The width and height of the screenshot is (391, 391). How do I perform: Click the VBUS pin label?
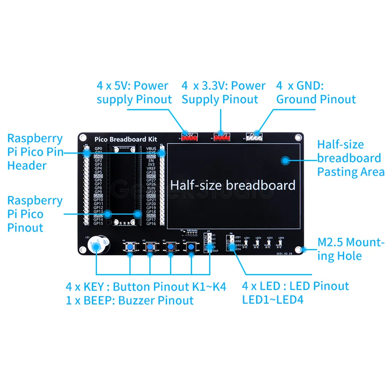(151, 149)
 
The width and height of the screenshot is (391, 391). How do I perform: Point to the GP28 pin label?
(151, 172)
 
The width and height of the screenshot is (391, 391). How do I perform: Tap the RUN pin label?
(151, 188)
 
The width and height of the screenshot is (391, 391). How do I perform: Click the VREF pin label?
(151, 168)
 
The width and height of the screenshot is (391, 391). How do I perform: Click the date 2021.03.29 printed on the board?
(284, 254)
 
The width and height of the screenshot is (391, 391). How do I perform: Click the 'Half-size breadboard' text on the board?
(233, 185)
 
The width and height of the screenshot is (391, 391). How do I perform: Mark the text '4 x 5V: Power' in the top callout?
(133, 86)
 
